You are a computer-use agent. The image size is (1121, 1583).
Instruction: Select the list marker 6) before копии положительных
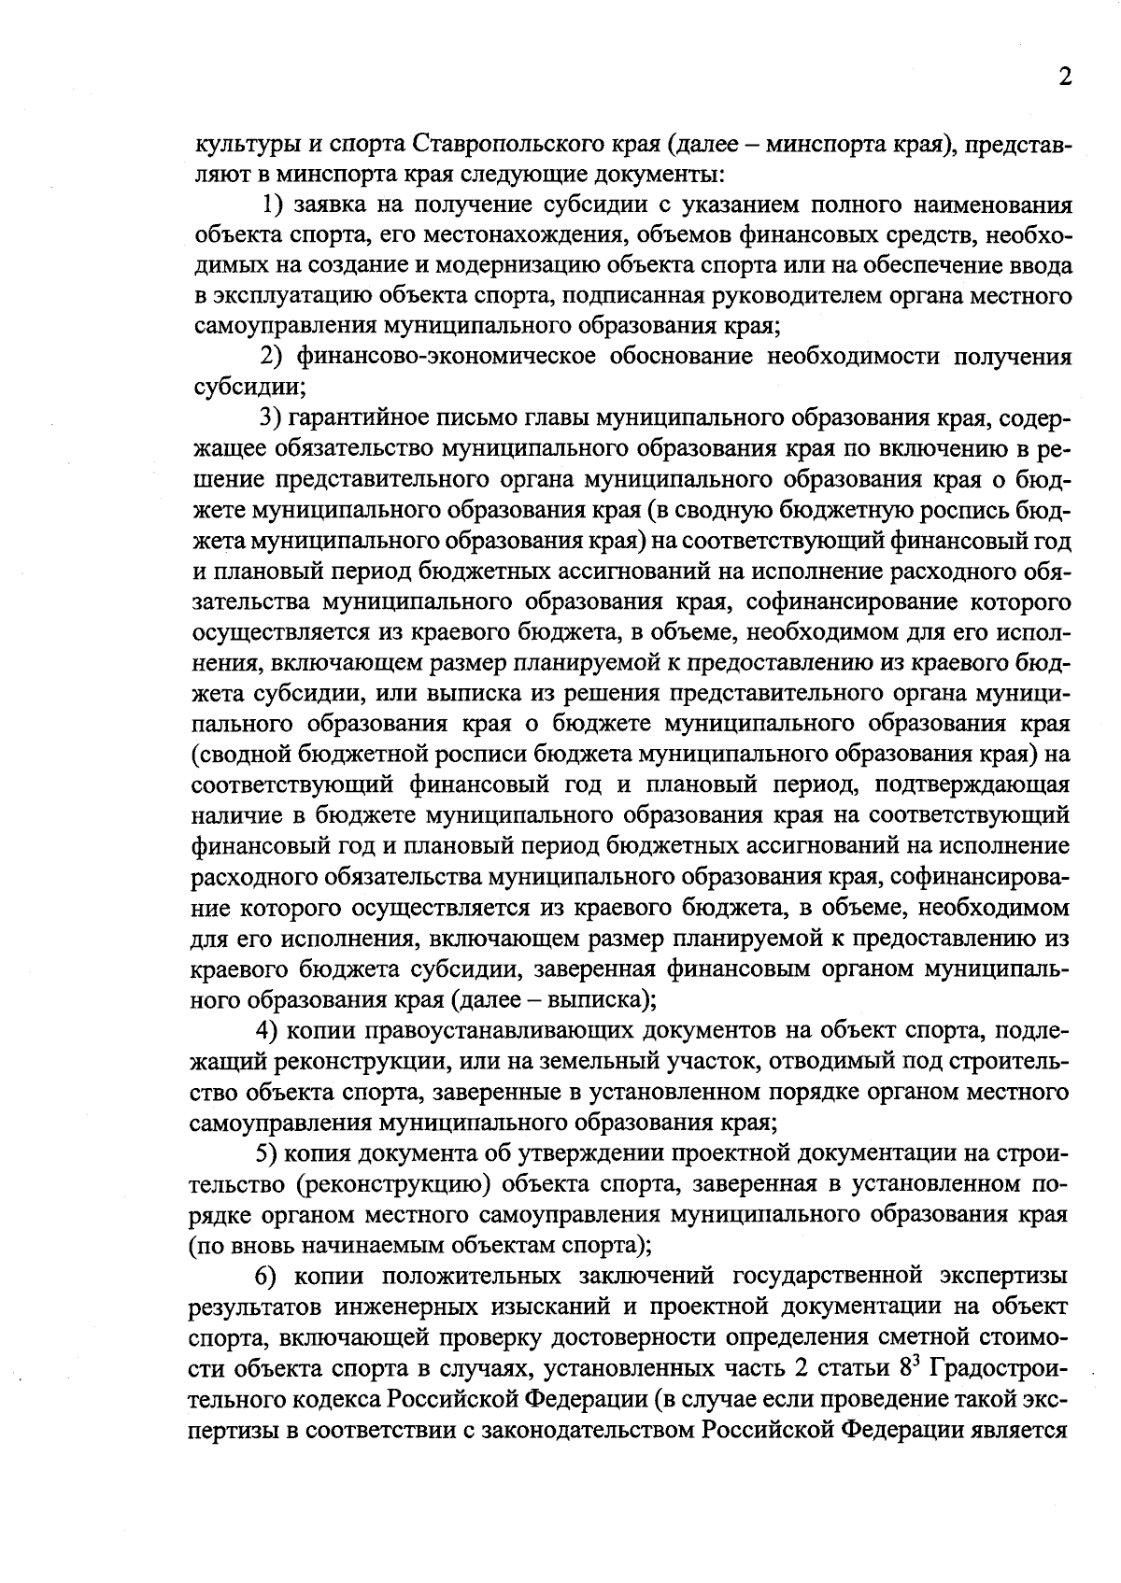(x=269, y=1276)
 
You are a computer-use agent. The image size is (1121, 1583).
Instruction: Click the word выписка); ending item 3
(x=602, y=999)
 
